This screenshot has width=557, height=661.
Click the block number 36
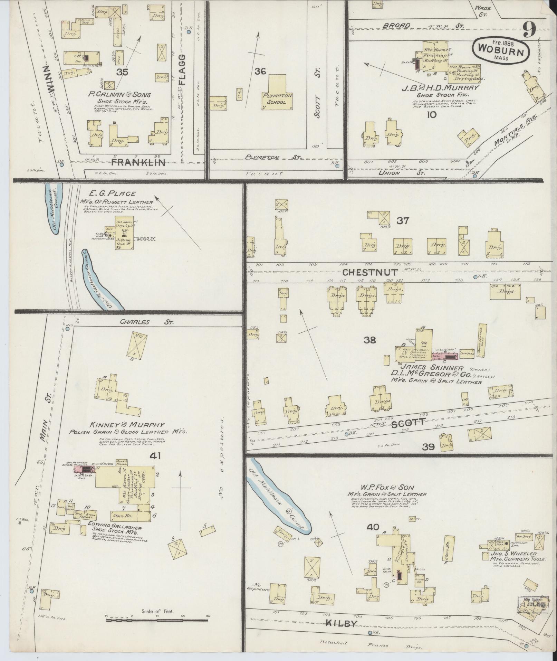(x=260, y=72)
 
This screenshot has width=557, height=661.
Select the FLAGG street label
(x=182, y=70)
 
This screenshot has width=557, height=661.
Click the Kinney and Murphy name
(x=127, y=425)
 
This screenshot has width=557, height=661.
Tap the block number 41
(x=154, y=456)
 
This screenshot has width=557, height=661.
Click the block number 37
(x=402, y=220)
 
